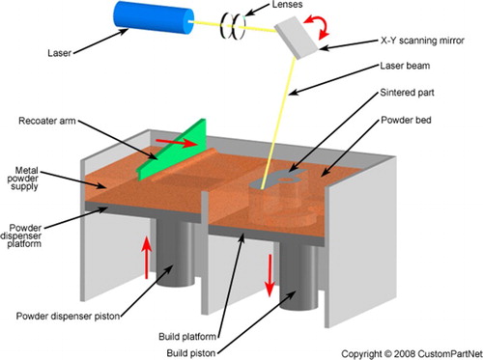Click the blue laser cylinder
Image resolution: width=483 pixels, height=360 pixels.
coord(154,16)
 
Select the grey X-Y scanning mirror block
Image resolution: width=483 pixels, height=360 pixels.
coord(297,37)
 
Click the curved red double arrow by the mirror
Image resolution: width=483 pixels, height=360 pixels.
coord(318,26)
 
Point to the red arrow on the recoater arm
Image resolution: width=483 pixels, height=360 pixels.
coord(177,143)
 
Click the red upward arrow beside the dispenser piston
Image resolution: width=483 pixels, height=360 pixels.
coord(147,258)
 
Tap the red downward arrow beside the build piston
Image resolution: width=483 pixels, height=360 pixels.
coord(270,275)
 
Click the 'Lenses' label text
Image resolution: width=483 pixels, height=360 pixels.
coord(287,5)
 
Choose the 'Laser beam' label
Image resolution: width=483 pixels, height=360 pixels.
coord(405,66)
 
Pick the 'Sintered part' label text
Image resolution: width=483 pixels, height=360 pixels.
coord(407,93)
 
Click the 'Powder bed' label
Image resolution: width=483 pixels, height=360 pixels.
coord(406,120)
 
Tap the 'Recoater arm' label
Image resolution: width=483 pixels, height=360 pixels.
coord(47,121)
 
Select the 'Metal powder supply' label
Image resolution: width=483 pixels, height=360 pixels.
coord(23,179)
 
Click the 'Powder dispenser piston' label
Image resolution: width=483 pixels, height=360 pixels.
coord(69,316)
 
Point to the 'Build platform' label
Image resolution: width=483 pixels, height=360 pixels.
coord(187,337)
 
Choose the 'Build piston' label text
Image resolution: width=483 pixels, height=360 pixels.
coord(191,353)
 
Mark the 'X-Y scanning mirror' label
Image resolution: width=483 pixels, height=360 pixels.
coord(422,41)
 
